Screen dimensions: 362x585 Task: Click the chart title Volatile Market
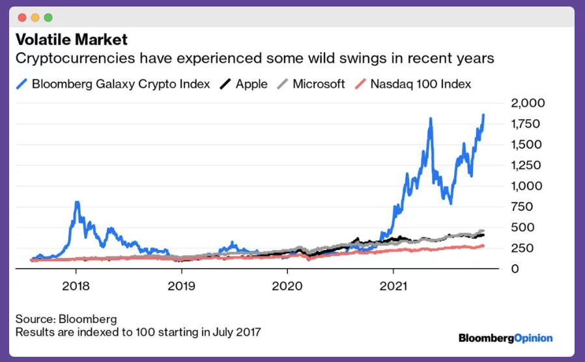(71, 40)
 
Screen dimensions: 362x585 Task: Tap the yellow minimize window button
(35, 18)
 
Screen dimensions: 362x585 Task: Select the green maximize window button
(48, 18)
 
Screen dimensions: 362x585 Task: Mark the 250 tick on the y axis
(522, 248)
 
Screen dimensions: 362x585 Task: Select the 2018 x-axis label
(76, 286)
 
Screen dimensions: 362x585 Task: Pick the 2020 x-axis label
(287, 286)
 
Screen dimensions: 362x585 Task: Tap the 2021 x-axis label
(393, 286)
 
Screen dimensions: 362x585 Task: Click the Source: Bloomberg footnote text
(66, 320)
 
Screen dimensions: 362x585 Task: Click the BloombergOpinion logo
(505, 338)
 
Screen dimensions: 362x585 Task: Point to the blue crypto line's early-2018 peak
(77, 203)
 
